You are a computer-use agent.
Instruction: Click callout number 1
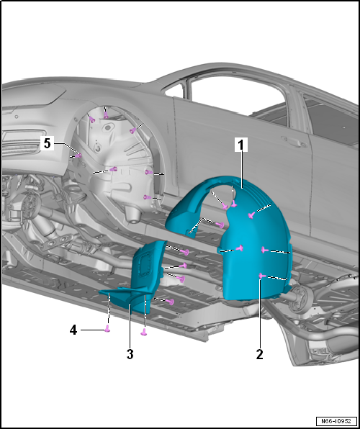pyautogui.click(x=241, y=145)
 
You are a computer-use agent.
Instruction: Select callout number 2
pyautogui.click(x=259, y=355)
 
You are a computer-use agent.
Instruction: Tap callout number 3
pyautogui.click(x=130, y=355)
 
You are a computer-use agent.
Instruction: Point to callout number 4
pyautogui.click(x=73, y=330)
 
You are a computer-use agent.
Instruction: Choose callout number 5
pyautogui.click(x=47, y=143)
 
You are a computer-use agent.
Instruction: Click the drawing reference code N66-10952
pyautogui.click(x=336, y=420)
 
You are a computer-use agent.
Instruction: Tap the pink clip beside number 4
pyautogui.click(x=107, y=329)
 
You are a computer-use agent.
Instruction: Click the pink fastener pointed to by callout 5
pyautogui.click(x=78, y=155)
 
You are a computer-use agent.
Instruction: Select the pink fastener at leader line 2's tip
pyautogui.click(x=261, y=276)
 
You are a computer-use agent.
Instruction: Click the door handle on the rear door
pyautogui.click(x=292, y=141)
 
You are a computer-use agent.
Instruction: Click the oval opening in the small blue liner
pyautogui.click(x=145, y=263)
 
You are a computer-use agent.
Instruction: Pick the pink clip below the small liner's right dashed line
pyautogui.click(x=143, y=332)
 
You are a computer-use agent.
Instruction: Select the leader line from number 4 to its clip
pyautogui.click(x=93, y=330)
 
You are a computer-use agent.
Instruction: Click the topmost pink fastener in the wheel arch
pyautogui.click(x=106, y=117)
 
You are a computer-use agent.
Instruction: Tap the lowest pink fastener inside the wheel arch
pyautogui.click(x=148, y=197)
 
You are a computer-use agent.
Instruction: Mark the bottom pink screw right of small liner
pyautogui.click(x=171, y=302)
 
